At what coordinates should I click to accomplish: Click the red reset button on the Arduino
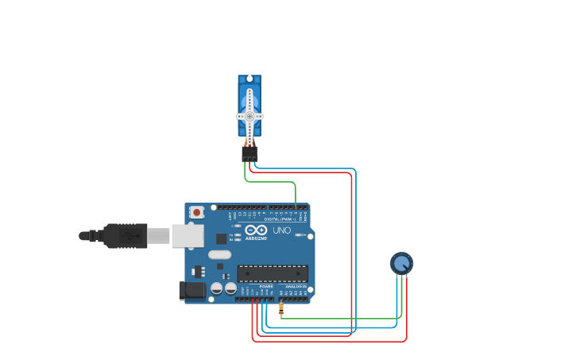(x=196, y=213)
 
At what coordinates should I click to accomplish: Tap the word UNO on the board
(x=281, y=230)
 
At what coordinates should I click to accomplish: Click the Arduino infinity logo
(x=255, y=230)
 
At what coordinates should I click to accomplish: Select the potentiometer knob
(x=402, y=263)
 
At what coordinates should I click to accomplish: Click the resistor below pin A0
(x=281, y=308)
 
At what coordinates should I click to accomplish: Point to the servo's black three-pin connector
(x=249, y=153)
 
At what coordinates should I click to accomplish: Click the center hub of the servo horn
(x=249, y=116)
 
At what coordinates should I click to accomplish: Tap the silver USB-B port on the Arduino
(x=187, y=236)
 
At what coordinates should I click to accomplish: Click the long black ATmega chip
(x=273, y=273)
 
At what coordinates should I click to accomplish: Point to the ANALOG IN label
(x=296, y=287)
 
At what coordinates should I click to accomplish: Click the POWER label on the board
(x=265, y=287)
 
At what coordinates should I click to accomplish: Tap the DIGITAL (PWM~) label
(x=280, y=219)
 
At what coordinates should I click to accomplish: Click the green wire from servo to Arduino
(x=270, y=182)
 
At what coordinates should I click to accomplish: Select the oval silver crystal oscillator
(x=220, y=255)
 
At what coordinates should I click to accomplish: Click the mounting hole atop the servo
(x=249, y=79)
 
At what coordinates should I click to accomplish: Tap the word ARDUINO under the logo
(x=256, y=238)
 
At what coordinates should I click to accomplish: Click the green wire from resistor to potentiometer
(x=342, y=319)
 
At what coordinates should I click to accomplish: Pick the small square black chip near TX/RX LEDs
(x=222, y=238)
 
